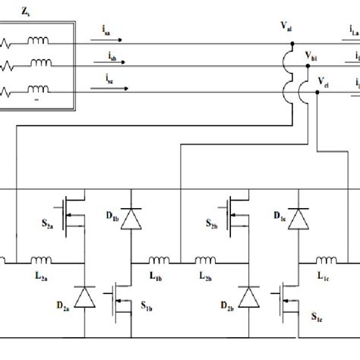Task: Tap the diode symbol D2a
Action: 86,298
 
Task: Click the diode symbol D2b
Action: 248,298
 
